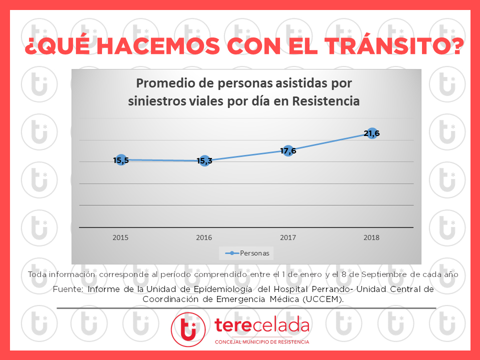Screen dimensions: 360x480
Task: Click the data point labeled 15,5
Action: click(120, 160)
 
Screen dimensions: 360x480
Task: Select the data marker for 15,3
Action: click(204, 160)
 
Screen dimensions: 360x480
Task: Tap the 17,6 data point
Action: click(288, 150)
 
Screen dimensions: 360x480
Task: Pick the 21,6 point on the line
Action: click(372, 133)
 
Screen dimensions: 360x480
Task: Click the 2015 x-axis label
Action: click(120, 237)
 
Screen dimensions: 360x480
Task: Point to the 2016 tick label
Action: click(204, 237)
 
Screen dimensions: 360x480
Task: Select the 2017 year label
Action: click(288, 237)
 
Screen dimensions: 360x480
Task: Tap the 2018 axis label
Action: click(372, 237)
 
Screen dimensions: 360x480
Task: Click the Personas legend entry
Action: click(248, 253)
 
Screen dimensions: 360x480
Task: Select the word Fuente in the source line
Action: click(67, 289)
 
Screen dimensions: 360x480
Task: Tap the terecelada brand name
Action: click(261, 325)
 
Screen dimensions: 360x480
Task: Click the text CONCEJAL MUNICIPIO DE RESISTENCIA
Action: click(261, 342)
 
